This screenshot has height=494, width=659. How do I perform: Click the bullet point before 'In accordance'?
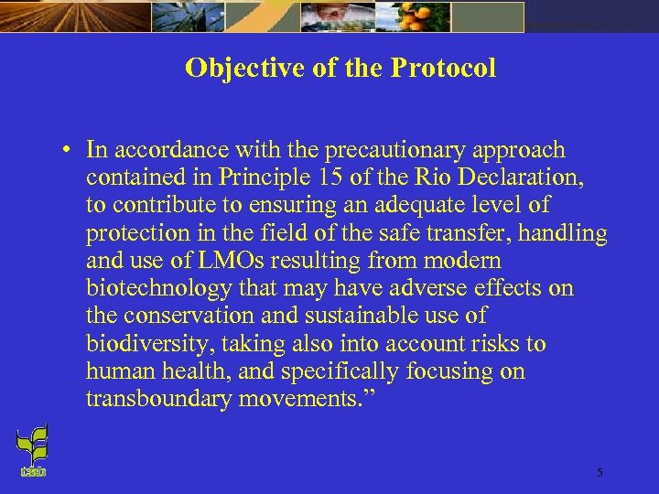click(68, 150)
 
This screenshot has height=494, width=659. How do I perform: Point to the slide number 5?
click(600, 473)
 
